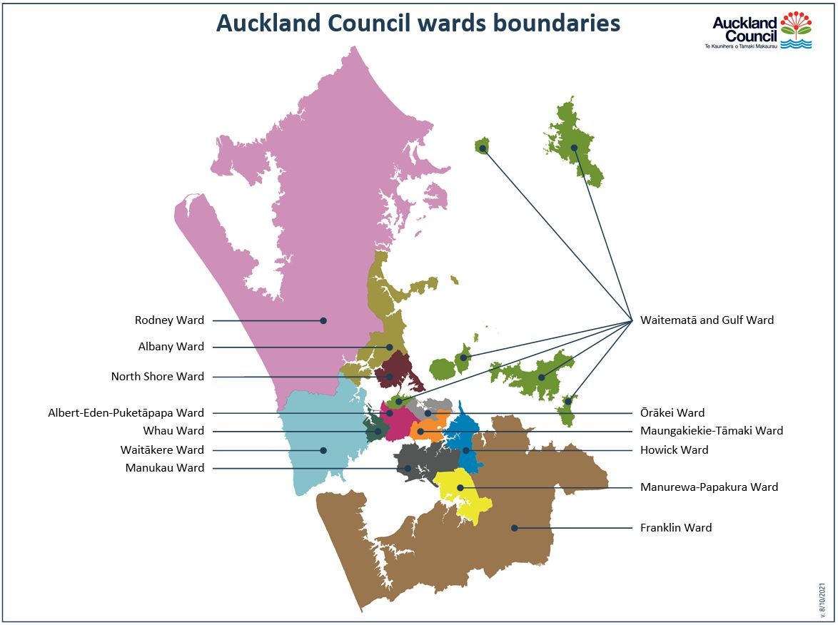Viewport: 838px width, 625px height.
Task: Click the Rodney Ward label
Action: [169, 320]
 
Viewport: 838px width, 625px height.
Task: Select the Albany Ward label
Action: [171, 347]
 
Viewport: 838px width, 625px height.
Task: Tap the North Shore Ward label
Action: [157, 377]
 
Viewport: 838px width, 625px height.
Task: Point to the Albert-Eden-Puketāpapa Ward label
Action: [126, 413]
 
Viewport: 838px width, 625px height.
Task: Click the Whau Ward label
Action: [173, 431]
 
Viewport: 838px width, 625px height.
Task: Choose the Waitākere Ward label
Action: [162, 450]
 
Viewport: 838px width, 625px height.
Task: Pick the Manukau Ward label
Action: [164, 468]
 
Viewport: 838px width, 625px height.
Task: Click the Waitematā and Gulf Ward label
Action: [707, 320]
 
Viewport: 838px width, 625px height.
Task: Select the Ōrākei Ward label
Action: [672, 413]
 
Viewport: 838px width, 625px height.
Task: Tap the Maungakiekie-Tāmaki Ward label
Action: [712, 431]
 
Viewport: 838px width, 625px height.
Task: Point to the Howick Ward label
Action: [675, 450]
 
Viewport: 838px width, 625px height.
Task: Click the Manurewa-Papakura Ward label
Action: [709, 487]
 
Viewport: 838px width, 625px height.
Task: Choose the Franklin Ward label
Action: [676, 528]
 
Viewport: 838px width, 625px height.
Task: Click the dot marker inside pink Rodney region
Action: [323, 321]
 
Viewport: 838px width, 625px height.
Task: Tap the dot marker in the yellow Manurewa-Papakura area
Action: [460, 487]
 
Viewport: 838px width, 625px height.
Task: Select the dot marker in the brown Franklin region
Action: [514, 528]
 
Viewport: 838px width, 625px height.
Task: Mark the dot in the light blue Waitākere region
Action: [323, 450]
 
